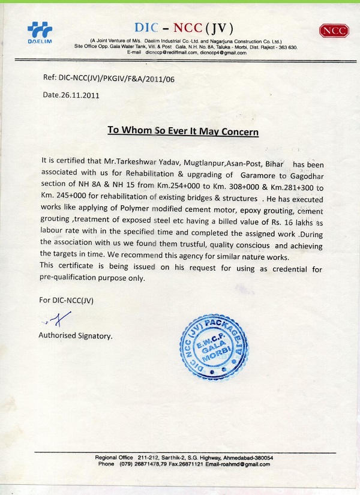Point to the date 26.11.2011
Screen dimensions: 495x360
71,95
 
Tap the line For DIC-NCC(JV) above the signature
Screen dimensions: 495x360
67,299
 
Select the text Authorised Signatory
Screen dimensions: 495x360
75,336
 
